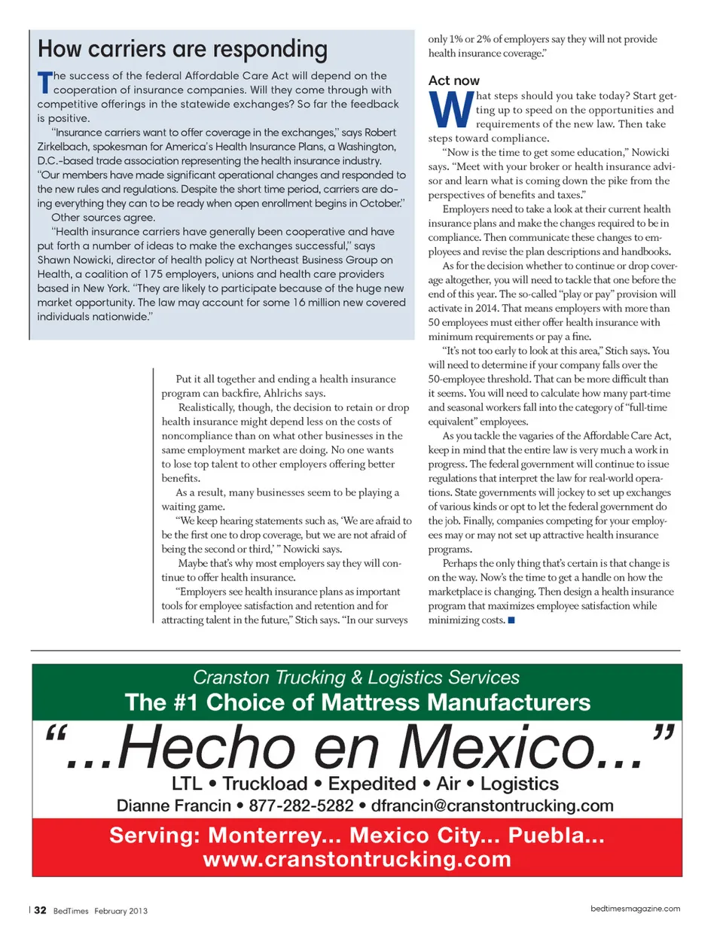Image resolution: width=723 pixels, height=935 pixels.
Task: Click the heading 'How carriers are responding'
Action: pos(182,50)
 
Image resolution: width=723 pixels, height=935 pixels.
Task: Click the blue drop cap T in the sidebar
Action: pos(44,82)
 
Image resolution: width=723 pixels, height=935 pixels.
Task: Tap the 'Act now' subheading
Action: pos(453,81)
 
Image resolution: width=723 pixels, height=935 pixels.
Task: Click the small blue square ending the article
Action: pos(511,620)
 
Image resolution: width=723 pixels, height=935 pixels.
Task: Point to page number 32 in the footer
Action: pos(40,910)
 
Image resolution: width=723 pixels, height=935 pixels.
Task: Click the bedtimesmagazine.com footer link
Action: pos(635,909)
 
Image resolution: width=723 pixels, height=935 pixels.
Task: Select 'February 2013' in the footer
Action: pos(120,911)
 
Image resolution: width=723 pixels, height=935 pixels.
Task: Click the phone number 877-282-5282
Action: pos(300,806)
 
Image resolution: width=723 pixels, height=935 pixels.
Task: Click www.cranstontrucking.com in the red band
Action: pos(357,859)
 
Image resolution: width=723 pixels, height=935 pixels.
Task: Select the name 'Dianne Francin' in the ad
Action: pos(173,806)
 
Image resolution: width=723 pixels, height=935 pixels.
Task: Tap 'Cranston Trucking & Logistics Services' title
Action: pos(356,678)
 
